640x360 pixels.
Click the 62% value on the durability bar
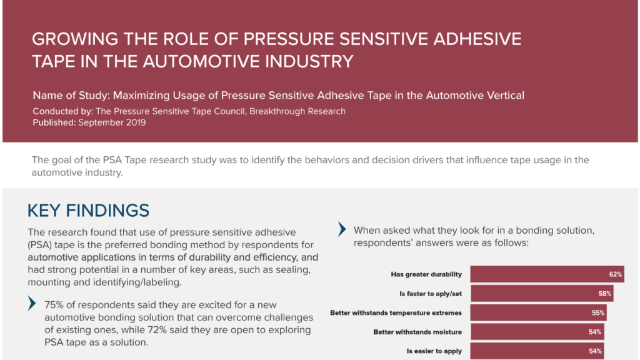click(x=615, y=274)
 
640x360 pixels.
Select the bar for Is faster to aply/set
click(x=542, y=294)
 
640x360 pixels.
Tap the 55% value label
click(x=598, y=312)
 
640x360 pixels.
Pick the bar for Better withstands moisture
click(x=537, y=332)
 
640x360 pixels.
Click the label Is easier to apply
click(x=434, y=351)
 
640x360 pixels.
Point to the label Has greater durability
click(x=426, y=274)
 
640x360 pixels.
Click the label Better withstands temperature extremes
click(x=396, y=312)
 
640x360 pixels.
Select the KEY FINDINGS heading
click(x=88, y=211)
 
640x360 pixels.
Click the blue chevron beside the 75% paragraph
click(x=32, y=303)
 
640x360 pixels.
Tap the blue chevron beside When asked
click(x=342, y=229)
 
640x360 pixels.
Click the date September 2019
click(x=112, y=122)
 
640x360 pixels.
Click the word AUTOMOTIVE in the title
click(x=201, y=62)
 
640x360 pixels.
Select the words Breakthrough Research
click(x=297, y=111)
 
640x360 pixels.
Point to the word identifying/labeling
click(x=139, y=282)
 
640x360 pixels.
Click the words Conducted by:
click(x=63, y=111)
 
